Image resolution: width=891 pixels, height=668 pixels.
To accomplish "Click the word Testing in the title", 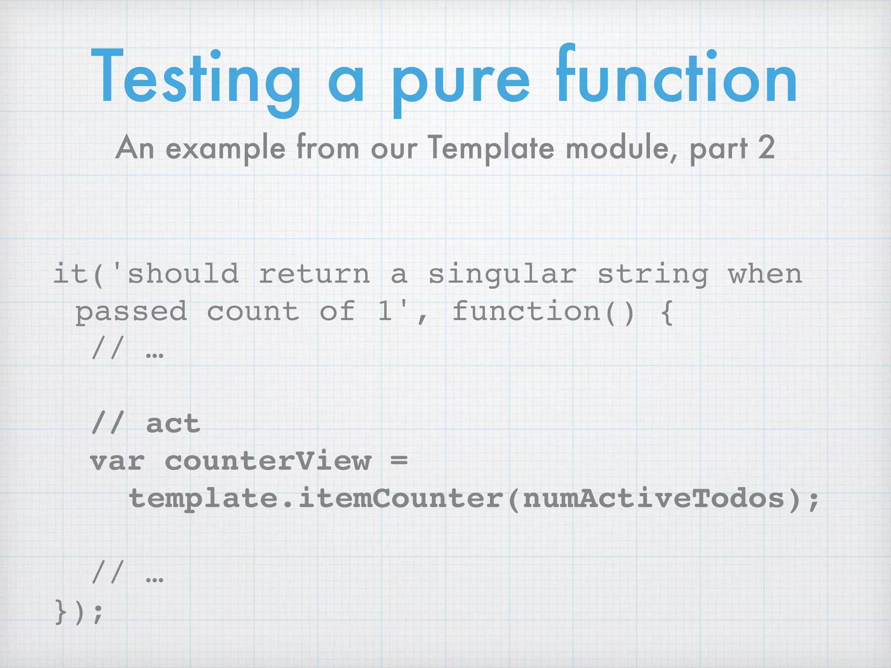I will pyautogui.click(x=196, y=78).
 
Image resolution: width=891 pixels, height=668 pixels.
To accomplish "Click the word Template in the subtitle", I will pyautogui.click(x=491, y=148).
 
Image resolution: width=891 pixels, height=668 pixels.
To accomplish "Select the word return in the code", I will pyautogui.click(x=314, y=274).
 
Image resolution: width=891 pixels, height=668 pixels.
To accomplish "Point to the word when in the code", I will pyautogui.click(x=765, y=274).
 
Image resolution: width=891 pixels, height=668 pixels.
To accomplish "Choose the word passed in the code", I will pyautogui.click(x=131, y=312).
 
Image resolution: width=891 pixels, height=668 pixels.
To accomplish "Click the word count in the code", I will pyautogui.click(x=253, y=311).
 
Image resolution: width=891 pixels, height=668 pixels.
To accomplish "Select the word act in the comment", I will pyautogui.click(x=173, y=424).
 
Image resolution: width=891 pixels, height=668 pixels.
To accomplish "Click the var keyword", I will pyautogui.click(x=117, y=461).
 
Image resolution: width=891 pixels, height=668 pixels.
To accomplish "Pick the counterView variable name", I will pyautogui.click(x=268, y=461).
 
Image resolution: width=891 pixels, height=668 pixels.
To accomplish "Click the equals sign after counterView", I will pyautogui.click(x=399, y=461).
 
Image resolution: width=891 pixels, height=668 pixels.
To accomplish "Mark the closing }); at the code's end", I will pyautogui.click(x=79, y=611).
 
